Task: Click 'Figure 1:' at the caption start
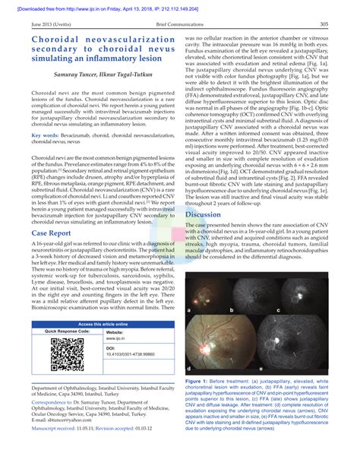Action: tap(201, 379)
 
